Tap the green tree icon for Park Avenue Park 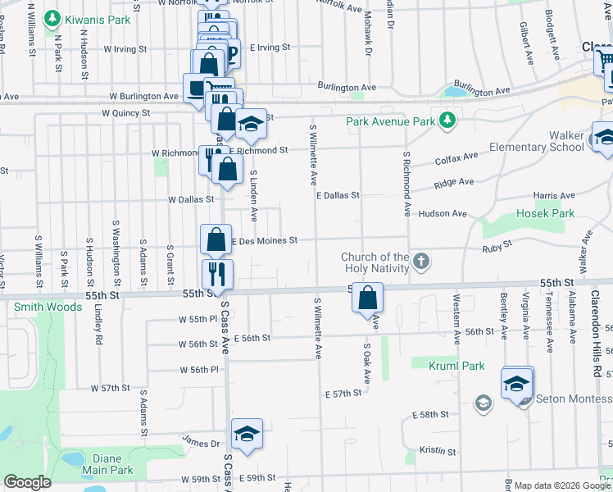pyautogui.click(x=447, y=121)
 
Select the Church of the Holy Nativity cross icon pyautogui.click(x=420, y=262)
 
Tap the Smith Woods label pyautogui.click(x=48, y=307)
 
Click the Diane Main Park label pyautogui.click(x=107, y=465)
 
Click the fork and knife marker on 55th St pyautogui.click(x=217, y=274)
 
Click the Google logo pyautogui.click(x=28, y=482)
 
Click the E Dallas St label pyautogui.click(x=338, y=196)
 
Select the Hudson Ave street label pyautogui.click(x=442, y=214)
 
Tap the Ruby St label pyautogui.click(x=496, y=244)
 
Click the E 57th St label pyautogui.click(x=343, y=394)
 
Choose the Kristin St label pyautogui.click(x=437, y=451)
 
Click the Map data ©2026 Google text pyautogui.click(x=557, y=485)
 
